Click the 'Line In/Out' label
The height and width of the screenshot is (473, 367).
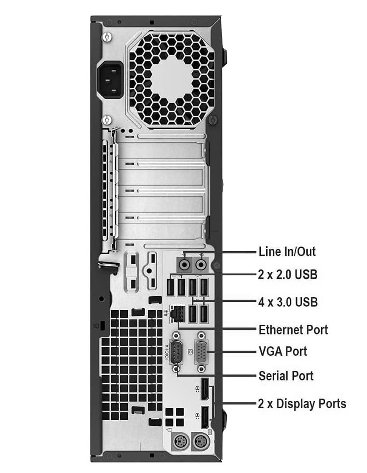pos(287,252)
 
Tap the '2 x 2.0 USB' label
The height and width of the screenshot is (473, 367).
pos(287,274)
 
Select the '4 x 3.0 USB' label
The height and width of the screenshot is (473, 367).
pos(288,302)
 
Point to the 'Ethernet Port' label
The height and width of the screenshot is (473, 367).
pos(293,330)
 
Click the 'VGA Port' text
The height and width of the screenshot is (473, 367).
pos(283,351)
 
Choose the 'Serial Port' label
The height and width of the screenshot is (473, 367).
pos(286,376)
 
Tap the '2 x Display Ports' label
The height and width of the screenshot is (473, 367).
pos(302,404)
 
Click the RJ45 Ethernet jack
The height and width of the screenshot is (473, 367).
pos(178,314)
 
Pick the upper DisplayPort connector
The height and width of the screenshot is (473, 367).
pos(205,389)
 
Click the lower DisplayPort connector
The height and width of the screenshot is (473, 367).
pos(205,418)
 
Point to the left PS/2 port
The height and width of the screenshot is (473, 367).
pos(181,443)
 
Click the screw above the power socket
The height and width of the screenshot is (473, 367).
pos(107,37)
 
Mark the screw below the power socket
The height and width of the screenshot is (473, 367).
pos(107,120)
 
